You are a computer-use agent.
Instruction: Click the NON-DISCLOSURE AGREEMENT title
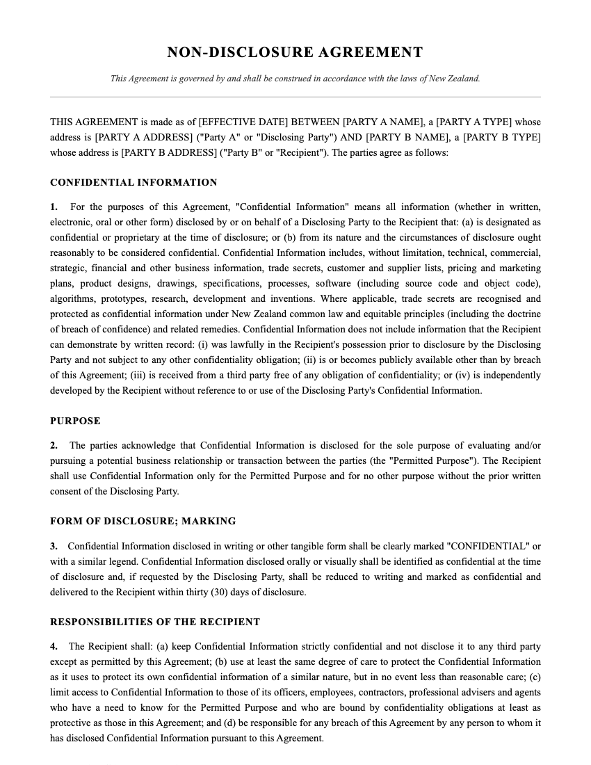[295, 52]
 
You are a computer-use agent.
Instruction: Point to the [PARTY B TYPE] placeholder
[502, 137]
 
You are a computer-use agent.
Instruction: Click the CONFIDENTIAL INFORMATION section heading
[133, 182]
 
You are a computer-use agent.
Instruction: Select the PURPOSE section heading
[75, 421]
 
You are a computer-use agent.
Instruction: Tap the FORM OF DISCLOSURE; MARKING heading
[143, 521]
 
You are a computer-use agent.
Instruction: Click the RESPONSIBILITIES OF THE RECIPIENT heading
[155, 622]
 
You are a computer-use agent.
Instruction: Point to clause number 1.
[54, 207]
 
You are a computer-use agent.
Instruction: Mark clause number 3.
[54, 546]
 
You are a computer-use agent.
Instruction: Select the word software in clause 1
[333, 283]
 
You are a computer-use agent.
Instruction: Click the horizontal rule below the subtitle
[295, 97]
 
